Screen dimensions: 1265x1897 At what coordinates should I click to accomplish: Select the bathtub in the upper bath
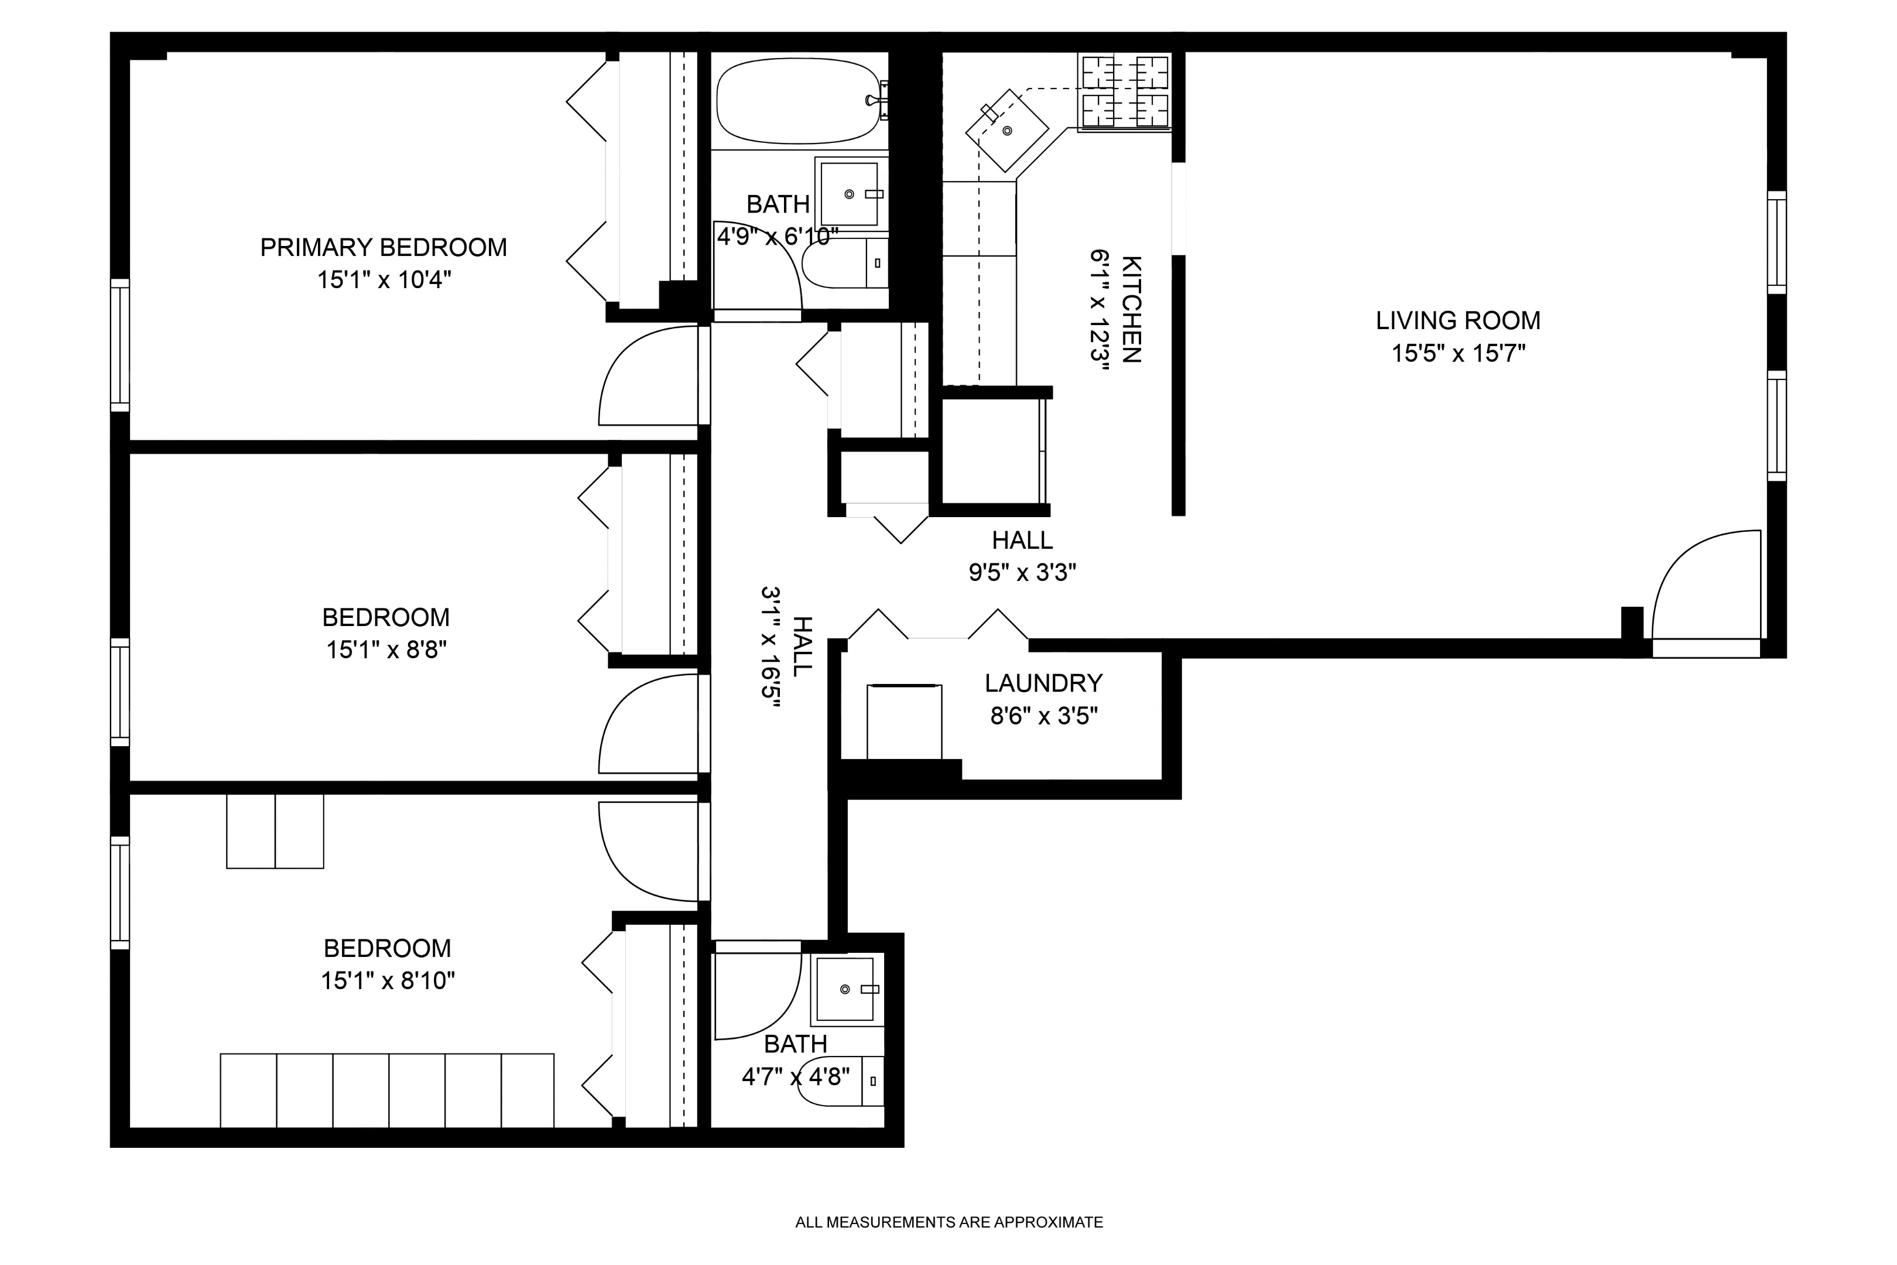797,101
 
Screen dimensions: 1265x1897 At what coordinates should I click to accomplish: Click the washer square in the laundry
904,722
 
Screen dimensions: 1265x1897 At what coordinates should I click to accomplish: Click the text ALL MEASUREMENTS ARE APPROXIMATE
948,1222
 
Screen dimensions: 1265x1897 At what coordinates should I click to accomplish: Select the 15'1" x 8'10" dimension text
388,981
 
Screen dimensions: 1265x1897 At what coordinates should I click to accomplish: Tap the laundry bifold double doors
937,625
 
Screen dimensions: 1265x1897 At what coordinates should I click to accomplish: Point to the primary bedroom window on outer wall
119,346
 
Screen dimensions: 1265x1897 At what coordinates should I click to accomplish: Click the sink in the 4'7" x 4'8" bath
845,989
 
